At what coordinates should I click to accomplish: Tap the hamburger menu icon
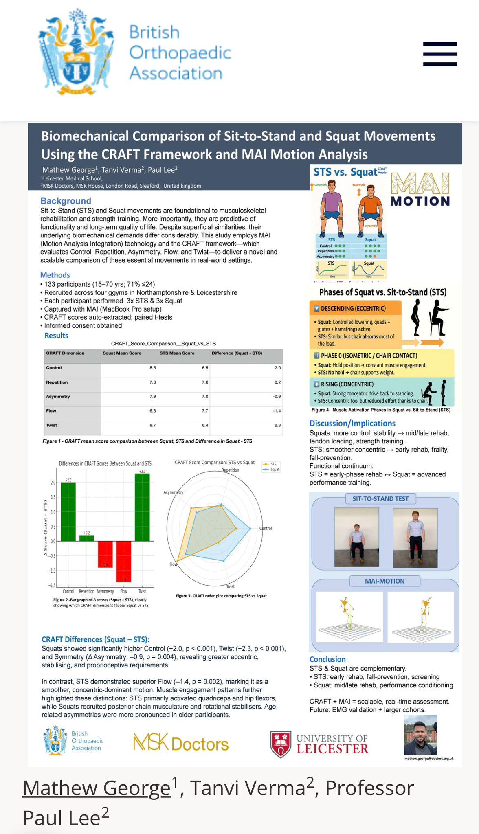[439, 54]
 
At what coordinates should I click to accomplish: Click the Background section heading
[66, 201]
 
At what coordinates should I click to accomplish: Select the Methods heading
[55, 275]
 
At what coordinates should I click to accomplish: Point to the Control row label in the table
[54, 368]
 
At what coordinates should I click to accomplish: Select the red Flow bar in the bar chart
[123, 561]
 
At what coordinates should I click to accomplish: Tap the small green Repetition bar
[86, 538]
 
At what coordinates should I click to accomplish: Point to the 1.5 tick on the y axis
[53, 497]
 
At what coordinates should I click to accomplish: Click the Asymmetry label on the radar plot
[173, 492]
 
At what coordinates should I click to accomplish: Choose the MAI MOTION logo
[420, 189]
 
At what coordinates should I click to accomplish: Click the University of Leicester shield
[281, 744]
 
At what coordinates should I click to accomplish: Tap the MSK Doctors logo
[181, 743]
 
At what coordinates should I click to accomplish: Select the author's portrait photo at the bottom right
[420, 735]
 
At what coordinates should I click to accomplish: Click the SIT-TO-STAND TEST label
[380, 499]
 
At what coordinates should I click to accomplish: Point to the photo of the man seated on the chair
[356, 537]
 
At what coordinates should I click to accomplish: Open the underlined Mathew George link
[97, 788]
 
